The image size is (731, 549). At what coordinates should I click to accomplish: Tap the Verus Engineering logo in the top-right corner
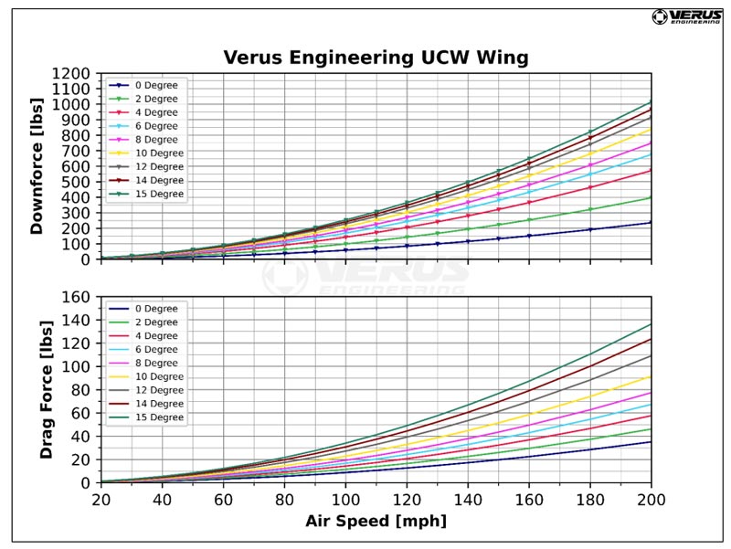coord(686,16)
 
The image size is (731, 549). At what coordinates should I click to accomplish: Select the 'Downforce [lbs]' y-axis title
coord(37,166)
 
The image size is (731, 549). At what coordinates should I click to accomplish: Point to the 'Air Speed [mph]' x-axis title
coord(376,523)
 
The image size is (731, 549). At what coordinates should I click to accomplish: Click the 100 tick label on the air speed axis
coord(345,500)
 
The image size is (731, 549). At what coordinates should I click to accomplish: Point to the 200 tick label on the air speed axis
coord(651,500)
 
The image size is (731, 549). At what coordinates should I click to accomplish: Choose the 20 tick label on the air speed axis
coord(101,500)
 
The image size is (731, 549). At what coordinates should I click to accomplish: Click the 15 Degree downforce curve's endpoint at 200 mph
coord(651,102)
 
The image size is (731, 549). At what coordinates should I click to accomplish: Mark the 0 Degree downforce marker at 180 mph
coord(589,229)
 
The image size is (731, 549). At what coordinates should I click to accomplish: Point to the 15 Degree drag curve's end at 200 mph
coord(651,323)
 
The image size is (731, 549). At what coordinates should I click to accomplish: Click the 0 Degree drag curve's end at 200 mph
coord(651,442)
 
